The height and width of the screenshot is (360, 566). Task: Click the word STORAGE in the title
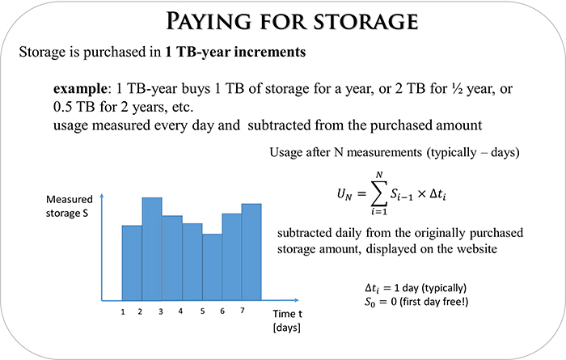pyautogui.click(x=365, y=21)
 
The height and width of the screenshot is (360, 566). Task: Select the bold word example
pyautogui.click(x=80, y=88)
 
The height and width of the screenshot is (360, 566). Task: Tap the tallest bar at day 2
pyautogui.click(x=152, y=249)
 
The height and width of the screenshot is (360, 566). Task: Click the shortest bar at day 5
pyautogui.click(x=212, y=267)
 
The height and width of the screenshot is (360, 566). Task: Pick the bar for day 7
pyautogui.click(x=251, y=252)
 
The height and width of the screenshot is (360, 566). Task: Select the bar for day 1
pyautogui.click(x=132, y=263)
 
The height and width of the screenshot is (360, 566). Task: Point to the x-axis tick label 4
pyautogui.click(x=180, y=311)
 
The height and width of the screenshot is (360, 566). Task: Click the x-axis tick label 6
pyautogui.click(x=222, y=311)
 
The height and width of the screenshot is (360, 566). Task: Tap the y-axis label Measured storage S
pyautogui.click(x=69, y=206)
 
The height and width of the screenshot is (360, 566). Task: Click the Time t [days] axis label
pyautogui.click(x=287, y=320)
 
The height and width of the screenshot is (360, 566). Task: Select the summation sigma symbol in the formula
pyautogui.click(x=378, y=193)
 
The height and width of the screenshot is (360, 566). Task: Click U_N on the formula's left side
pyautogui.click(x=344, y=195)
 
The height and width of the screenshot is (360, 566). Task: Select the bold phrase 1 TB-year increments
pyautogui.click(x=235, y=52)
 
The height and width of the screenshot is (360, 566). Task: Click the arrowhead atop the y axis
pyautogui.click(x=102, y=196)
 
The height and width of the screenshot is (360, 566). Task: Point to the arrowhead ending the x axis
pyautogui.click(x=297, y=300)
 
